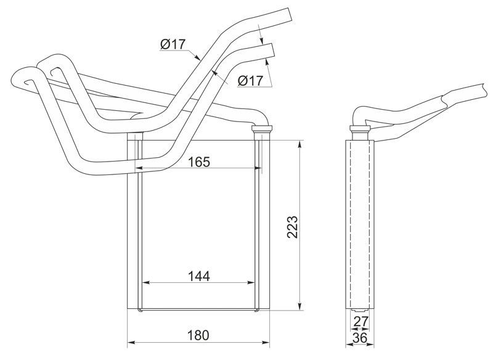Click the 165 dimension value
[198, 162]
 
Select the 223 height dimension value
[292, 227]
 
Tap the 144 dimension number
[198, 276]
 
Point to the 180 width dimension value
[198, 335]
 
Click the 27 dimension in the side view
[361, 322]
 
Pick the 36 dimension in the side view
[360, 338]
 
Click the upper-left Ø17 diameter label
[173, 44]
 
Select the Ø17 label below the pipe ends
[250, 81]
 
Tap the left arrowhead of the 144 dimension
[147, 283]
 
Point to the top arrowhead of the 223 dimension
[300, 144]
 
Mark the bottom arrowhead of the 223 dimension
[300, 306]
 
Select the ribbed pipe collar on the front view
[261, 128]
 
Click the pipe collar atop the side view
[360, 128]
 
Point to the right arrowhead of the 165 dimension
[258, 168]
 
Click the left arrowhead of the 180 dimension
[131, 342]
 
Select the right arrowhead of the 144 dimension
[251, 283]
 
